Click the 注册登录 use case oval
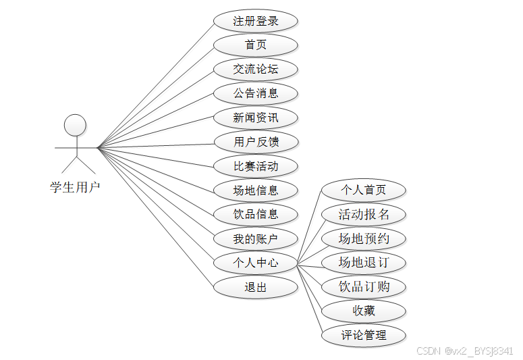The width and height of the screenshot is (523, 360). click(256, 21)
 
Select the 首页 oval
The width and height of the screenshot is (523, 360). click(256, 45)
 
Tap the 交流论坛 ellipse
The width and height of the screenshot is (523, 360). click(256, 69)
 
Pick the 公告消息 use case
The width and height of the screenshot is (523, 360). click(256, 93)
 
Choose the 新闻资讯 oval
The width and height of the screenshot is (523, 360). click(256, 118)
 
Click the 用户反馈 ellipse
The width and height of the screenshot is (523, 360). click(256, 142)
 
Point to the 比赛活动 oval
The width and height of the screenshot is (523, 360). click(256, 166)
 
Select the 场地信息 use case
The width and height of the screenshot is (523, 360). click(256, 190)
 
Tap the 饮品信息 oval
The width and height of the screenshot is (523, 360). click(256, 214)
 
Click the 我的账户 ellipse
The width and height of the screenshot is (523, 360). click(256, 238)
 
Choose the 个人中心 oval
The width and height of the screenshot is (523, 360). click(256, 263)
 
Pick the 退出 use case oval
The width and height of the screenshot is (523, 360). click(256, 287)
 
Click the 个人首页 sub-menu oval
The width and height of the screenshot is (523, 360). click(364, 190)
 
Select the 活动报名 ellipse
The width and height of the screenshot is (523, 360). click(364, 214)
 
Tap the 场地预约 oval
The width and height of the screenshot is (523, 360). click(364, 238)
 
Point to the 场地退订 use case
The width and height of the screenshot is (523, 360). click(364, 263)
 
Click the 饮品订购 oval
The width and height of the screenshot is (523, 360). click(364, 286)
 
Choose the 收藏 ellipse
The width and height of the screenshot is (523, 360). click(364, 311)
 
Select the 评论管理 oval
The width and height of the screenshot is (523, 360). click(364, 335)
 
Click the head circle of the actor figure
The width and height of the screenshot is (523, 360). click(75, 126)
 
